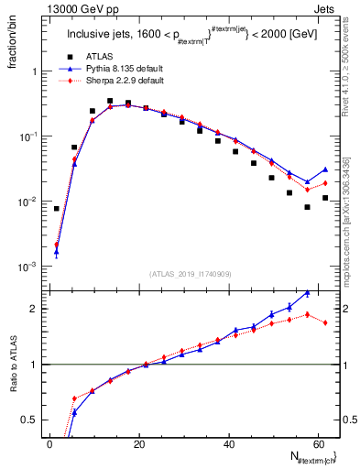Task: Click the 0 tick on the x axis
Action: tap(49, 443)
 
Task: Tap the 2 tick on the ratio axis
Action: tap(33, 309)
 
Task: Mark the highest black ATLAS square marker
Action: tap(110, 102)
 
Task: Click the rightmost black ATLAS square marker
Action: tap(325, 198)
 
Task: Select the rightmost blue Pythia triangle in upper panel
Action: tap(325, 169)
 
